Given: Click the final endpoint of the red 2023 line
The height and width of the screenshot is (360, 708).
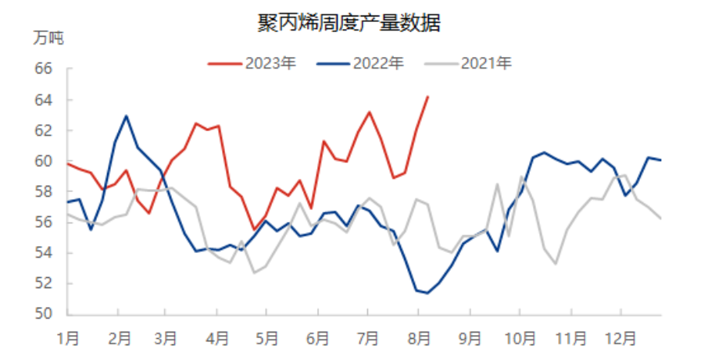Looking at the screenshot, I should [427, 97].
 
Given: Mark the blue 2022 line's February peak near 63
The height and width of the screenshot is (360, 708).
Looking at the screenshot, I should [127, 116].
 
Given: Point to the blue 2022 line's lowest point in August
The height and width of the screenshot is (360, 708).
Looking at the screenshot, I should [427, 293].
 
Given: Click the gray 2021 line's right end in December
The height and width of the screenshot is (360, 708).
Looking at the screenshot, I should [661, 219].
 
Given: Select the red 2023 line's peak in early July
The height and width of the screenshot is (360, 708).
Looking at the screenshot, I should [369, 112].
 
